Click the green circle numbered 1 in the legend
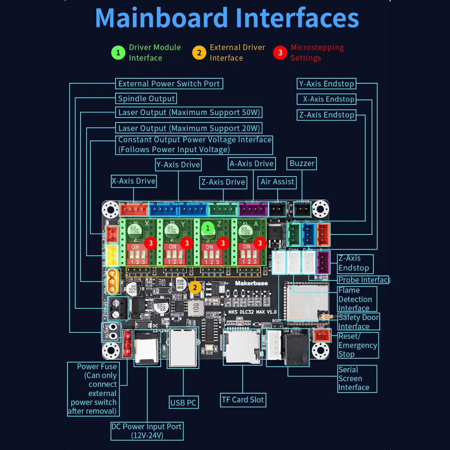pyautogui.click(x=118, y=53)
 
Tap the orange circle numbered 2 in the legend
pyautogui.click(x=199, y=53)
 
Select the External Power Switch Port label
pyautogui.click(x=169, y=84)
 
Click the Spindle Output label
pyautogui.click(x=146, y=99)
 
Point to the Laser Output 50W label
pyautogui.click(x=189, y=112)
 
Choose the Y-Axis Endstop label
pyautogui.click(x=326, y=84)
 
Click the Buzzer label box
pyautogui.click(x=302, y=163)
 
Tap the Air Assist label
pyautogui.click(x=277, y=182)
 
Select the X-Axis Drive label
pyautogui.click(x=133, y=181)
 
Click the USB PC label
pyautogui.click(x=183, y=402)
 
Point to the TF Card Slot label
pyautogui.click(x=243, y=400)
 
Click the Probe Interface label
pyautogui.click(x=364, y=280)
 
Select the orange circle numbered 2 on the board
pyautogui.click(x=195, y=287)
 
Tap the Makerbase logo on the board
pyautogui.click(x=251, y=283)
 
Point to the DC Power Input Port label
pyautogui.click(x=147, y=431)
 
